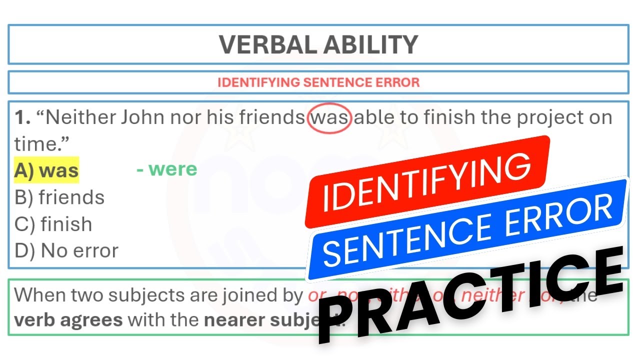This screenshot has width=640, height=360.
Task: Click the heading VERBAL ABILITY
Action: click(x=318, y=45)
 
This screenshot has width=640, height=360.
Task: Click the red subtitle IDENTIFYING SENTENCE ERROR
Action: click(x=318, y=82)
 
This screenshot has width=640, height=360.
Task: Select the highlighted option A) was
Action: click(x=46, y=170)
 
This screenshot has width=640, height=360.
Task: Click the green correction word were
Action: click(x=172, y=169)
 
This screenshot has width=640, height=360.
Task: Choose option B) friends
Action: click(x=59, y=197)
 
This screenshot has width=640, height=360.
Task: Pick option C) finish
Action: click(x=53, y=224)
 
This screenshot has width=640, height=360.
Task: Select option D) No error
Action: click(x=66, y=250)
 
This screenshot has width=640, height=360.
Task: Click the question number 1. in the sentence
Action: click(x=22, y=118)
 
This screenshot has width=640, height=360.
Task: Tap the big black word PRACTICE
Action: click(x=470, y=295)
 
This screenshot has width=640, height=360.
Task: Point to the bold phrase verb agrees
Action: click(x=68, y=319)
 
